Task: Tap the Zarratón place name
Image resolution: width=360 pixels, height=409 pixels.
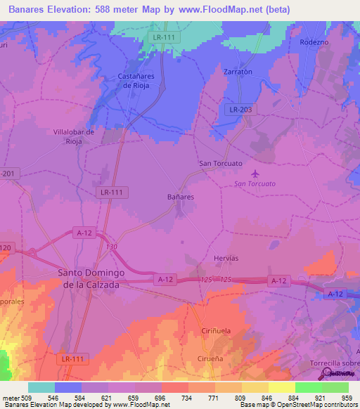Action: click(x=219, y=72)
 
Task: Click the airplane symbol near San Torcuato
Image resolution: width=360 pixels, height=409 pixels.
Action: click(x=254, y=173)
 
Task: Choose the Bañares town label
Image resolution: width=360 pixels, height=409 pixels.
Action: click(x=181, y=197)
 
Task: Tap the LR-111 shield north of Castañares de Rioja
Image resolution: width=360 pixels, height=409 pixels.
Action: click(x=165, y=36)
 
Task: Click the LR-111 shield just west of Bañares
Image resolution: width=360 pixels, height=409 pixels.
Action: click(x=111, y=192)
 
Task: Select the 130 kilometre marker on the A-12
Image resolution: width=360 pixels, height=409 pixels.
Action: click(x=111, y=247)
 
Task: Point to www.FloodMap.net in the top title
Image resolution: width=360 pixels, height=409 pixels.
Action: click(x=223, y=10)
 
